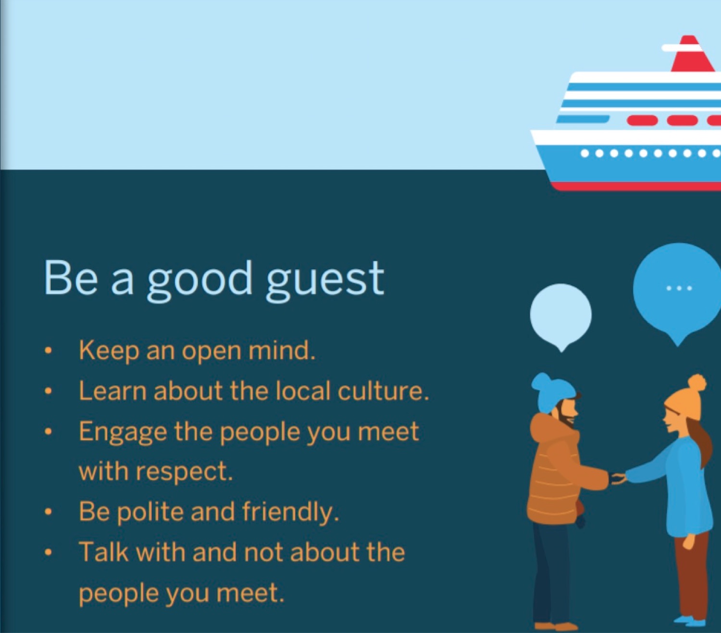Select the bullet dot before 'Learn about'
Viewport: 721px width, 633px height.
(48, 391)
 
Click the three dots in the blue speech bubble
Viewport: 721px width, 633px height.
(679, 288)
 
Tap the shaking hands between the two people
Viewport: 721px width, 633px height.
(618, 479)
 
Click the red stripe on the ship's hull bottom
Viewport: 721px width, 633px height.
(636, 186)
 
